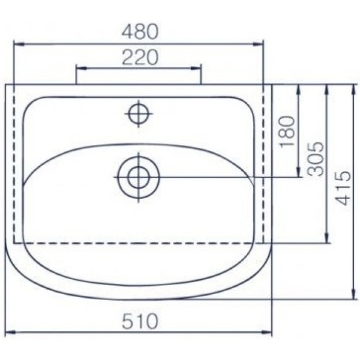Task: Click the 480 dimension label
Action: click(x=139, y=30)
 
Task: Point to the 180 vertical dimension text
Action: click(x=288, y=131)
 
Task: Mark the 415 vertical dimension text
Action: click(x=343, y=187)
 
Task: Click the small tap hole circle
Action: click(x=139, y=113)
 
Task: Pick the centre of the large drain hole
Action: click(x=139, y=177)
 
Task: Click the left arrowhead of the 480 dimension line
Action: click(x=16, y=44)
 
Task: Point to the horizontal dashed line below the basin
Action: click(x=138, y=243)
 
